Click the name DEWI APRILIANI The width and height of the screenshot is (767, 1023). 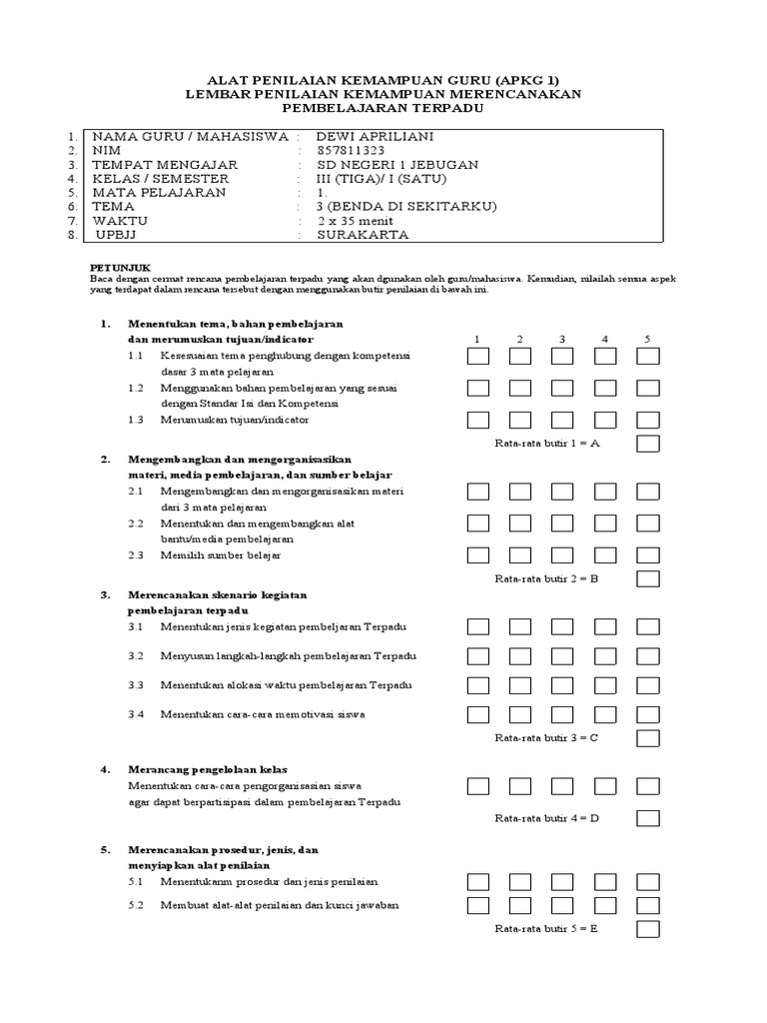[x=361, y=137]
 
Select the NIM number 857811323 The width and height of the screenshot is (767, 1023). [x=349, y=151]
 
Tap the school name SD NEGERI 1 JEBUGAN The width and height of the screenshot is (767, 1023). [x=396, y=165]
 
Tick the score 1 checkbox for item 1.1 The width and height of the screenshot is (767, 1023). [x=478, y=356]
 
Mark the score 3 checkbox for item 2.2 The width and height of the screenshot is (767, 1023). [x=563, y=523]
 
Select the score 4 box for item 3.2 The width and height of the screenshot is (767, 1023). [x=606, y=656]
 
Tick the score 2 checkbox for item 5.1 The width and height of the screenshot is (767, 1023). [x=521, y=881]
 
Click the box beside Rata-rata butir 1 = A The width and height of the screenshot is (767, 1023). [x=648, y=444]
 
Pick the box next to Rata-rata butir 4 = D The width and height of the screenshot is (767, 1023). [x=648, y=818]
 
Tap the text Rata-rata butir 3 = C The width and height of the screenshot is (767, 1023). [x=546, y=738]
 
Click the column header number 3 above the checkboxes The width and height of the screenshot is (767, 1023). [x=562, y=340]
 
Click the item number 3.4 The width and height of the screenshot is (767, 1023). [x=137, y=714]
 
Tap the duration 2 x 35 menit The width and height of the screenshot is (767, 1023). [x=355, y=221]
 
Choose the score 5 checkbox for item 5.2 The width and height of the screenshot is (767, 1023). [x=648, y=905]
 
